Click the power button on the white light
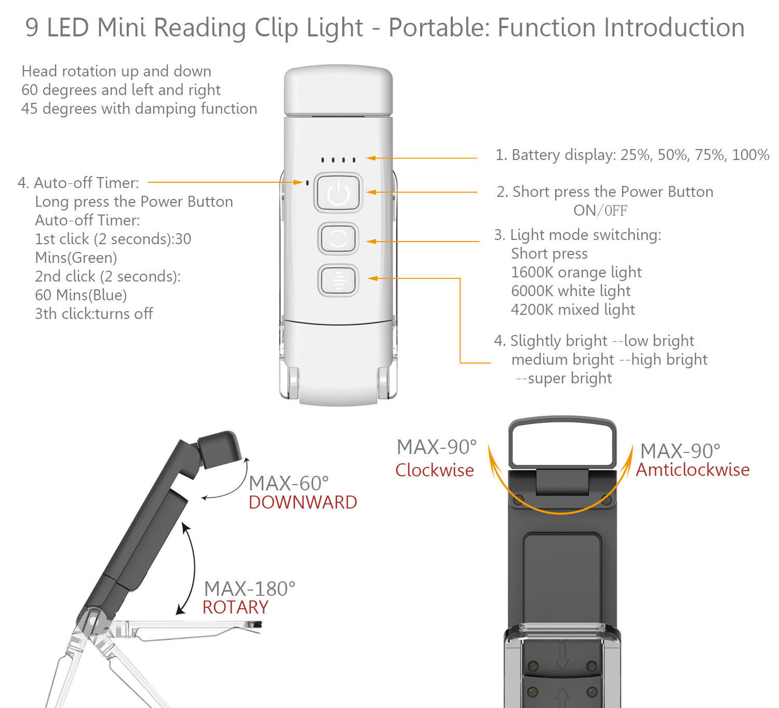tap(338, 193)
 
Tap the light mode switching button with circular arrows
tap(338, 238)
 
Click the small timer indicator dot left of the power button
tap(307, 183)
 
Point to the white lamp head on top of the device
tap(338, 91)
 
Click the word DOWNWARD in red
tap(302, 503)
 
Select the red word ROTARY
tap(235, 608)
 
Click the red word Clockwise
tap(434, 470)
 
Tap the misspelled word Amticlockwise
tap(692, 470)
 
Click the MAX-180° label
tap(250, 588)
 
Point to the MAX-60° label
tap(288, 483)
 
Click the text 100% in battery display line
tap(750, 155)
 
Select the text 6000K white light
tap(570, 291)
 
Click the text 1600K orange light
tap(576, 272)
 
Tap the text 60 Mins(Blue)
tap(81, 295)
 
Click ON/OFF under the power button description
tap(600, 211)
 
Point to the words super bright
tap(569, 379)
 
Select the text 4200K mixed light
tap(573, 310)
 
